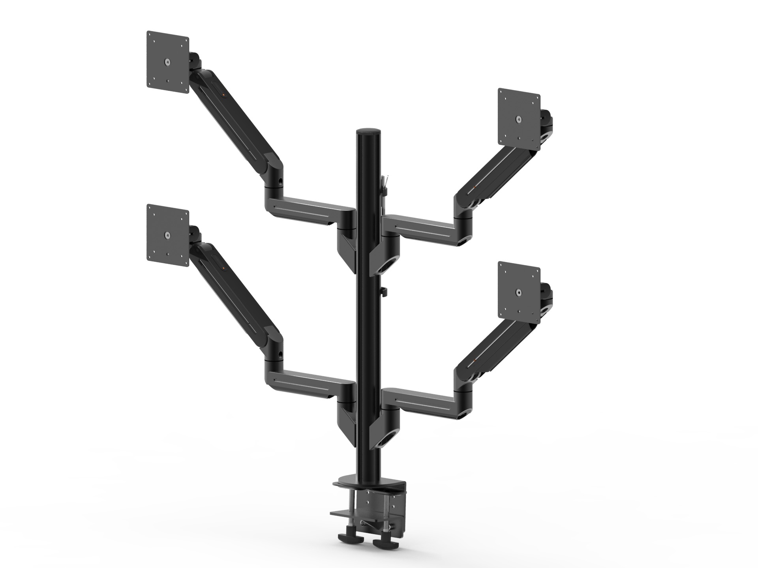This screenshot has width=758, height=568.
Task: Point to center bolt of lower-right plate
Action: (x=518, y=292)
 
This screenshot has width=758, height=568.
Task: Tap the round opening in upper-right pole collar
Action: (x=385, y=269)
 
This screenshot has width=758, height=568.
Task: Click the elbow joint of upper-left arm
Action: (x=274, y=174)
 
